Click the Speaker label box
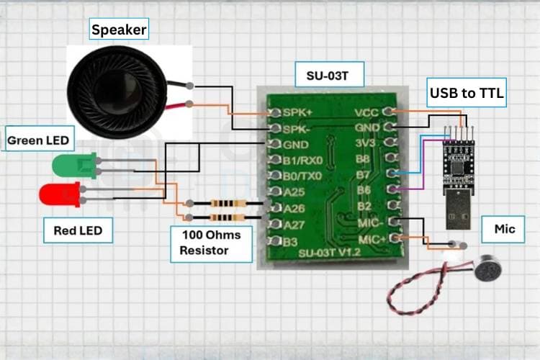(x=119, y=30)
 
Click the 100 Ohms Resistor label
(x=212, y=243)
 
